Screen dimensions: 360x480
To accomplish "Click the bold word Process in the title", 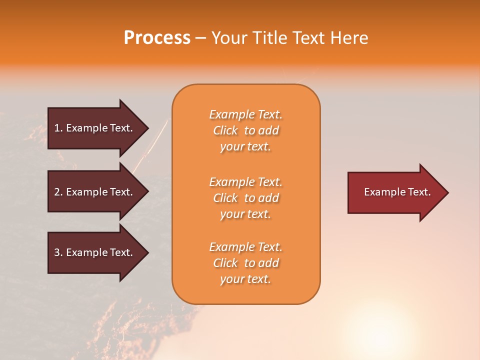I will point(157,38).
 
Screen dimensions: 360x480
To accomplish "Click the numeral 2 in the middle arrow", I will point(56,192).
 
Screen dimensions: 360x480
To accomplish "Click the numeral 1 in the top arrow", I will point(56,128).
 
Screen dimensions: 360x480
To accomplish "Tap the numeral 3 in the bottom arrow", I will point(56,252).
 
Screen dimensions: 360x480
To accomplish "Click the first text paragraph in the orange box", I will point(245,130).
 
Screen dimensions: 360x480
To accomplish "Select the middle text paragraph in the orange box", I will point(245,198).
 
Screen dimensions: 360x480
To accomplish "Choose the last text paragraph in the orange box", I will point(245,263).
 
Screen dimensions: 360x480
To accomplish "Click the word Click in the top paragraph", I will point(225,130).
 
